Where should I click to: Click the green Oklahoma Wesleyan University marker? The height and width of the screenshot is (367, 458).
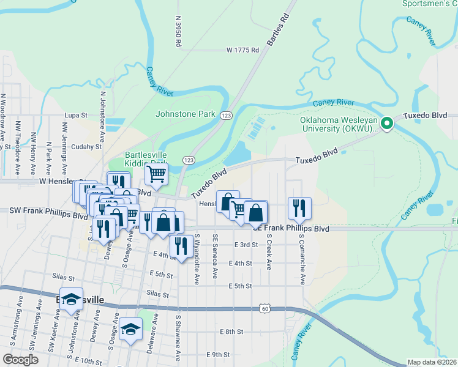click(387, 124)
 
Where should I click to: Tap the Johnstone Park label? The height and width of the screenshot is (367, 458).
click(186, 114)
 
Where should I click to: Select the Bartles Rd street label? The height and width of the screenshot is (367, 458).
click(277, 32)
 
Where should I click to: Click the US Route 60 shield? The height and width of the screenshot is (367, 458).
click(264, 309)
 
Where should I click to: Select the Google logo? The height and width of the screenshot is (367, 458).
click(20, 360)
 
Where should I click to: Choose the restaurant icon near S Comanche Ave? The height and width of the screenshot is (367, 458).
click(299, 208)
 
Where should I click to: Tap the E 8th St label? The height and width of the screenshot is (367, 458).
click(231, 332)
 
